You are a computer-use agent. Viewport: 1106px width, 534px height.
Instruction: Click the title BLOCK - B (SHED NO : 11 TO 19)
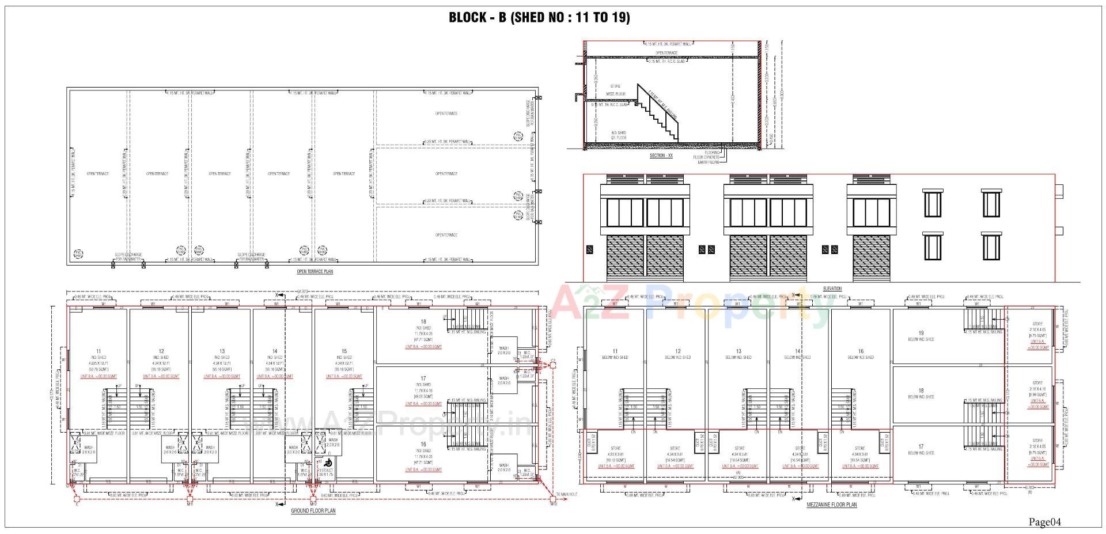pyautogui.click(x=539, y=17)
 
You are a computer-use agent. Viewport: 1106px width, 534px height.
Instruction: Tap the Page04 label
pyautogui.click(x=1044, y=522)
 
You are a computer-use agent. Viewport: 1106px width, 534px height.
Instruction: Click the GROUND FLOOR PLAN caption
pyautogui.click(x=313, y=511)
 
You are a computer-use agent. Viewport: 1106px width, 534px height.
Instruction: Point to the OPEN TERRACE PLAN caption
pyautogui.click(x=315, y=271)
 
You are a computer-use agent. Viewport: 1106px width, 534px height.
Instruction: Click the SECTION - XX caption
pyautogui.click(x=661, y=156)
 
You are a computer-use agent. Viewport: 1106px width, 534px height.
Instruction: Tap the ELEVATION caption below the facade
pyautogui.click(x=832, y=289)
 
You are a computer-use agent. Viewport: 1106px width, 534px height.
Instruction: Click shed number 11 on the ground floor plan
pyautogui.click(x=99, y=351)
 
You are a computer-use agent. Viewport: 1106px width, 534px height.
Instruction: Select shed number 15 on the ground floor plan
pyautogui.click(x=344, y=351)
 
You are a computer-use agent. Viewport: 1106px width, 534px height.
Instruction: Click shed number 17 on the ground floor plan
pyautogui.click(x=423, y=378)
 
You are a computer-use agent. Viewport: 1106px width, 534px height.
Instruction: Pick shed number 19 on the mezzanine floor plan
pyautogui.click(x=921, y=333)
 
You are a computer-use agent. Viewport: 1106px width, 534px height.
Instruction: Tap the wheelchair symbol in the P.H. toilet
pyautogui.click(x=328, y=462)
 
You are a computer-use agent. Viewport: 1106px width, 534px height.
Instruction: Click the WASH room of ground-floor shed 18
pyautogui.click(x=504, y=349)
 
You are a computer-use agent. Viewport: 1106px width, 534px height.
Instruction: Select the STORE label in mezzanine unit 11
pyautogui.click(x=616, y=448)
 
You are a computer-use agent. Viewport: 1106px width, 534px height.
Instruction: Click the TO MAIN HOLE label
pyautogui.click(x=566, y=494)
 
